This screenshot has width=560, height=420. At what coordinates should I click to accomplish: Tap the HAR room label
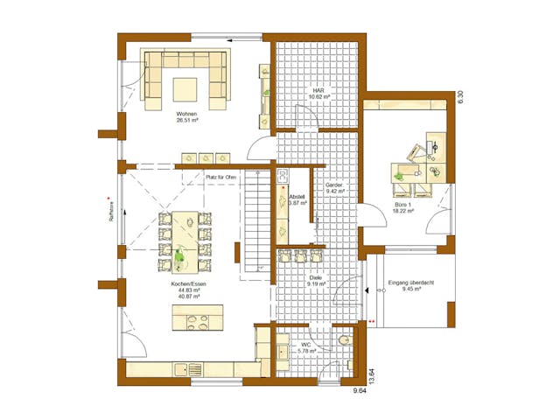pyautogui.click(x=318, y=91)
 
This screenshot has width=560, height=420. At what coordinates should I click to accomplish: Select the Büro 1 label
pyautogui.click(x=402, y=206)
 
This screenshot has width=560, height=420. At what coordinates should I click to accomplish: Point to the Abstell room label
pyautogui.click(x=297, y=198)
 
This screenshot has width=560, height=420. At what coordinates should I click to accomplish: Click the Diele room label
pyautogui.click(x=317, y=280)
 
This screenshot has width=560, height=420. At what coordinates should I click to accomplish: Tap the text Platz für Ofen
pyautogui.click(x=221, y=177)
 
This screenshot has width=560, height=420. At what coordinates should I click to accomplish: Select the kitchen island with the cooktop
pyautogui.click(x=198, y=317)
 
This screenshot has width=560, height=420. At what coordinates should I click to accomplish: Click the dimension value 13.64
pyautogui.click(x=371, y=377)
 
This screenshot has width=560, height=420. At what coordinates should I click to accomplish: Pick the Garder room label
pyautogui.click(x=334, y=186)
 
